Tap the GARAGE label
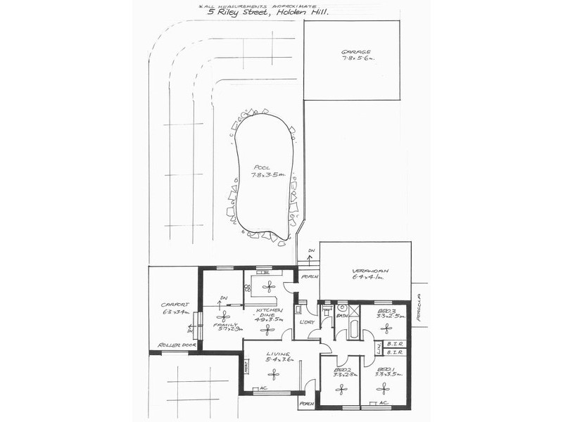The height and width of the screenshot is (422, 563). pyautogui.click(x=356, y=52)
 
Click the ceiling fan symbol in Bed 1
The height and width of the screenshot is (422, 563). pyautogui.click(x=384, y=387)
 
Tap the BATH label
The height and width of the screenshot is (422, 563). pyautogui.click(x=341, y=316)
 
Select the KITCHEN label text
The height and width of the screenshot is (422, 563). pyautogui.click(x=270, y=310)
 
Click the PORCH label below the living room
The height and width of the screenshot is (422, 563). pyautogui.click(x=306, y=404)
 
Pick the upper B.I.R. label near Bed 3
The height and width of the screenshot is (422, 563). pyautogui.click(x=394, y=344)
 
